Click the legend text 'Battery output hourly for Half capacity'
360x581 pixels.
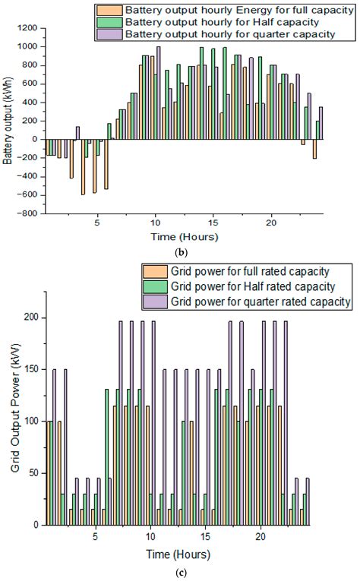(x=196, y=21)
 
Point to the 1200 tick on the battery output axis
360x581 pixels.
(x=30, y=28)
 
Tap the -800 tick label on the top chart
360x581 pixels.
(x=28, y=213)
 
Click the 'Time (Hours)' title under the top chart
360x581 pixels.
(x=185, y=236)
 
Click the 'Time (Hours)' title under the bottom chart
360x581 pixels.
(x=185, y=552)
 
